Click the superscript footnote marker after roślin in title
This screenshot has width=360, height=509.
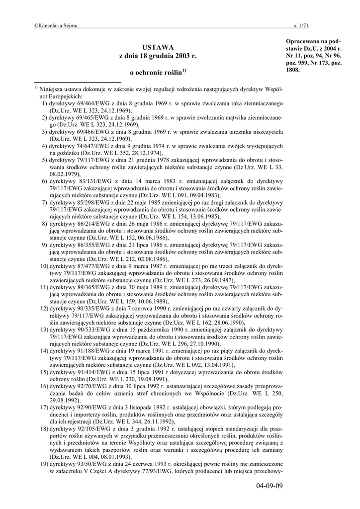[184, 71]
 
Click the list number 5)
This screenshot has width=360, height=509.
[45, 160]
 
